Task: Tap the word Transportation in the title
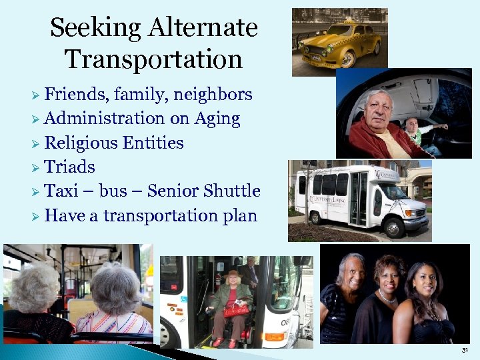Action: click(x=153, y=59)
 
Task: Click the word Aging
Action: click(x=217, y=119)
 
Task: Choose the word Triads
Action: click(x=69, y=167)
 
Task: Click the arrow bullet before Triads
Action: click(x=36, y=167)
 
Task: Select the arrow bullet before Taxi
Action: click(x=36, y=192)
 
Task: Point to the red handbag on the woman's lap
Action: click(x=236, y=309)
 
